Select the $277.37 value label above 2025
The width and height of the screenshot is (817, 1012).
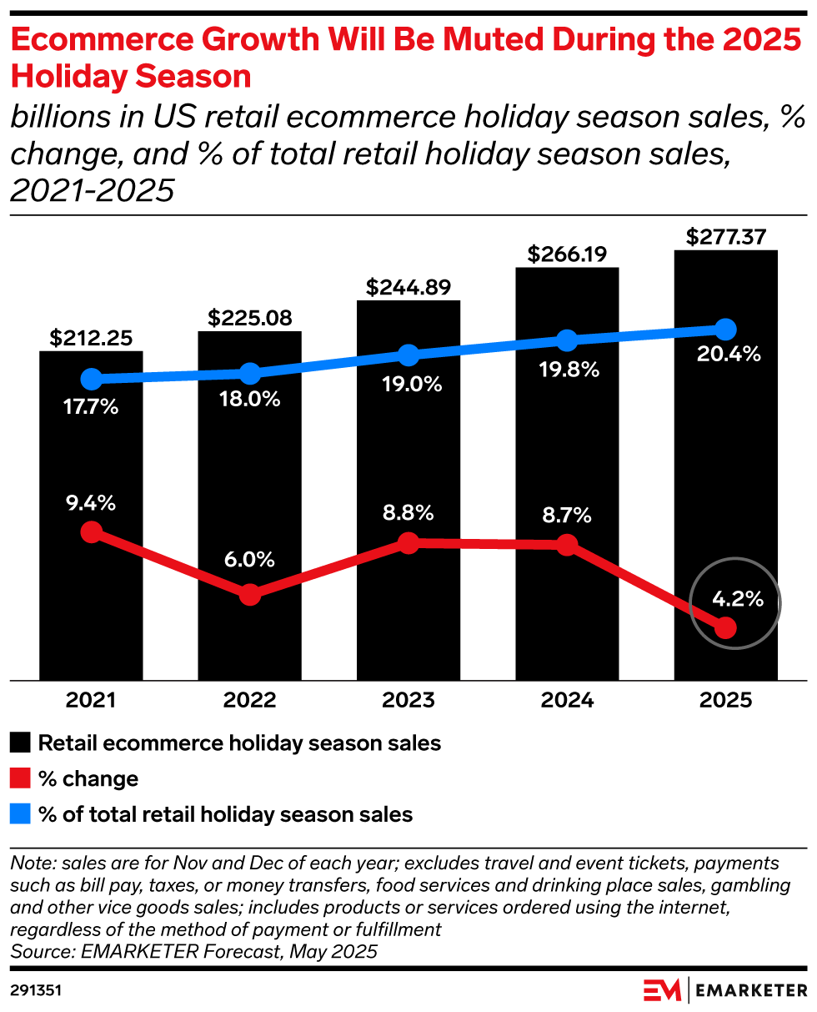[726, 237]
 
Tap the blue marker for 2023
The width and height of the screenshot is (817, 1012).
[408, 355]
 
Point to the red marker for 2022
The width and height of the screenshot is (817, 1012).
[249, 595]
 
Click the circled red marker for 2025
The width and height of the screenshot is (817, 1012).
[726, 627]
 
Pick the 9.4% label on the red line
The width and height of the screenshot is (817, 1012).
[93, 503]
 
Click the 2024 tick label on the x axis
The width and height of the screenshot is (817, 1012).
[567, 700]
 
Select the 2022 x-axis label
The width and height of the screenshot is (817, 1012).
[249, 700]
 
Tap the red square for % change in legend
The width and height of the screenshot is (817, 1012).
[21, 779]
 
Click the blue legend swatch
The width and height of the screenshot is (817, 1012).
[21, 814]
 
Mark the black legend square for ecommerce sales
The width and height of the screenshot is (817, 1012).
[21, 743]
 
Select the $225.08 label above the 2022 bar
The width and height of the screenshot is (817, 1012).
[249, 318]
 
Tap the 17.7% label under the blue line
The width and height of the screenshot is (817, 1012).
[91, 408]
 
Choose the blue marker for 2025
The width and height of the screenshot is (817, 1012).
[726, 329]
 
